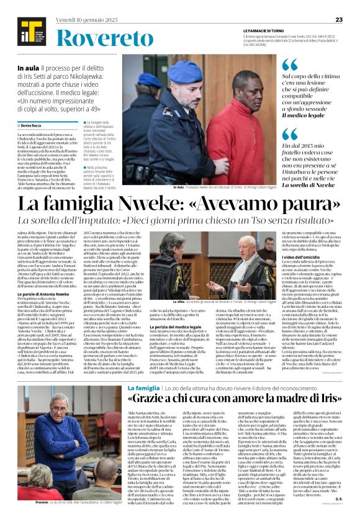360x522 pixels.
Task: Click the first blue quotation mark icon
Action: click(x=290, y=64)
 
